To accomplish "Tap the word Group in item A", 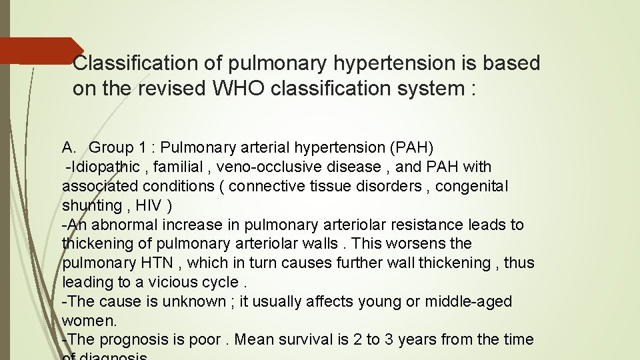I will pyautogui.click(x=111, y=147).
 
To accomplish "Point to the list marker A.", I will pyautogui.click(x=70, y=147).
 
